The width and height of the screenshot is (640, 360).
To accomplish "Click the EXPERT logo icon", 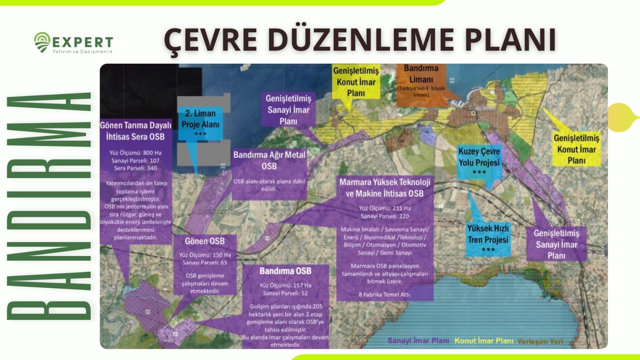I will coord(42,42).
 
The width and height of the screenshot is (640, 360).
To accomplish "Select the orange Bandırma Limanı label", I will coord(421,80).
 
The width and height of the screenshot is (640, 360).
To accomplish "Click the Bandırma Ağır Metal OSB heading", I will coord(269,160).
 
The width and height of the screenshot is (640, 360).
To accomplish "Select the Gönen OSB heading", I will coord(205,241).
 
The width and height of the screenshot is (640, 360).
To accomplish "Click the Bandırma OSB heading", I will coord(285,271).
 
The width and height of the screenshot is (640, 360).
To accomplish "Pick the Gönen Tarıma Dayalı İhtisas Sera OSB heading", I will coord(136,131).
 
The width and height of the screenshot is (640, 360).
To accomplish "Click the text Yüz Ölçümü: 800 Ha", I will coord(136,153).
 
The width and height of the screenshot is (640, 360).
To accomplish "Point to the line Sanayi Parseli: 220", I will coord(385,216).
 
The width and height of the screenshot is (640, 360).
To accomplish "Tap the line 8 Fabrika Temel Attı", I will coord(385,294).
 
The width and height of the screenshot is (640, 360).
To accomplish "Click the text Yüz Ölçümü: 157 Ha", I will coord(285,285).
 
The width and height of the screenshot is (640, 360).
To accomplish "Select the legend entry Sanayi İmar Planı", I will coord(418,341).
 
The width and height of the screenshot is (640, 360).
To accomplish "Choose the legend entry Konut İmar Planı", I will coord(484,341).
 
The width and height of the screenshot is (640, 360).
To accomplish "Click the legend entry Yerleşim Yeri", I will coord(540,342).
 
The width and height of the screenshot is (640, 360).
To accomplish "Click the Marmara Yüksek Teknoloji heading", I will coord(385,182).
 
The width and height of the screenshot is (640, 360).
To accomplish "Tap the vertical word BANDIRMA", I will coord(49,206).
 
